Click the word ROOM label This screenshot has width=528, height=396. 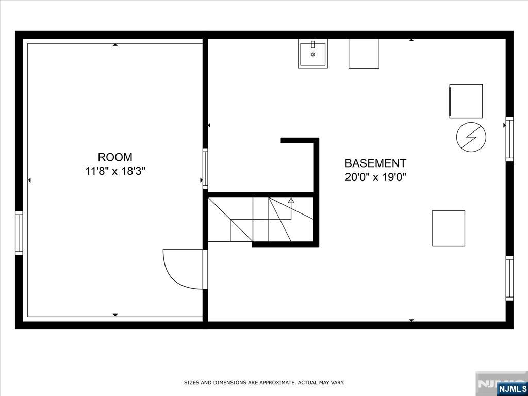tap(115, 157)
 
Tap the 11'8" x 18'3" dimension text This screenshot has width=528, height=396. tap(115, 171)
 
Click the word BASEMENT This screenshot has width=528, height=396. tap(375, 163)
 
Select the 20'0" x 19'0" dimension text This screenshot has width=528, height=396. tap(375, 177)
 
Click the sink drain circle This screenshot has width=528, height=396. tap(313, 54)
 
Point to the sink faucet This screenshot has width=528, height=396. tap(313, 44)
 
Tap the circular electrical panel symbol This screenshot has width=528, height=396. tap(471, 137)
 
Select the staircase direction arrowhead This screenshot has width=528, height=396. tap(291, 201)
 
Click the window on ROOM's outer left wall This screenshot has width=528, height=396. tap(19, 233)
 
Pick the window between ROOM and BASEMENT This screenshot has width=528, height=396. tap(205, 169)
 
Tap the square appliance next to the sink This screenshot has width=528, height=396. tap(364, 54)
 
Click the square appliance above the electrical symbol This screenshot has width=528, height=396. tap(466, 101)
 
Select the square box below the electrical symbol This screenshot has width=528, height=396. tap(449, 228)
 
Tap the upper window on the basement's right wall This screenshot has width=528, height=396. tap(509, 139)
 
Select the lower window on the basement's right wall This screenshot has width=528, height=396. tap(509, 278)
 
